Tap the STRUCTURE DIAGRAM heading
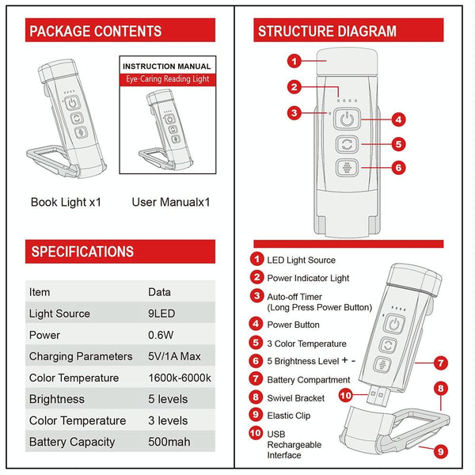click(327, 32)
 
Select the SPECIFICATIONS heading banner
click(82, 252)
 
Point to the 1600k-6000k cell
click(180, 378)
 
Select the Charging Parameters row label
click(81, 356)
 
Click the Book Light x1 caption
click(66, 202)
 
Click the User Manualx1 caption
click(170, 202)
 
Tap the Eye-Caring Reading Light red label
click(168, 80)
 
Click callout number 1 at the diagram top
click(294, 60)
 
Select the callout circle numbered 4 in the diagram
click(399, 120)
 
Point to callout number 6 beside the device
click(399, 167)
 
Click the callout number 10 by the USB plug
click(344, 393)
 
